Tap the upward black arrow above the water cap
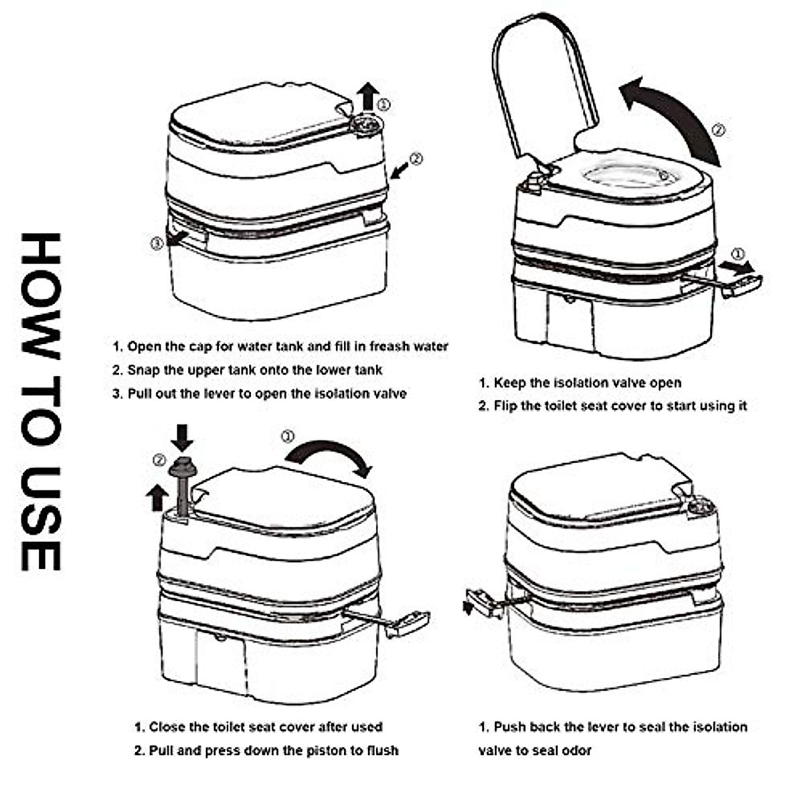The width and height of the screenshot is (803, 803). click(367, 97)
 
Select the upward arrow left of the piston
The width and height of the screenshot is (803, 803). click(158, 498)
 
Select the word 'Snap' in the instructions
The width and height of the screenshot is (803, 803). click(143, 369)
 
